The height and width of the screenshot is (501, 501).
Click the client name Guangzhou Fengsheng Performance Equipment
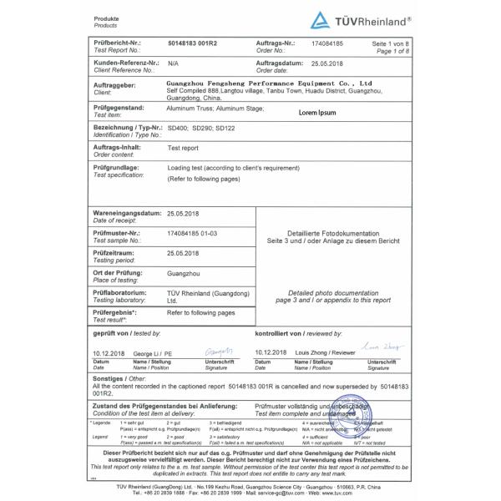coord(270,83)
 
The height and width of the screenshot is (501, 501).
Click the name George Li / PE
coord(154,353)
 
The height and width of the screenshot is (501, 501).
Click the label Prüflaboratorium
coord(121,293)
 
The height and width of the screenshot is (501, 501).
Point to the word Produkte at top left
coord(106,18)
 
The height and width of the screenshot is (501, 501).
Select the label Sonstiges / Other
coord(116,377)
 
